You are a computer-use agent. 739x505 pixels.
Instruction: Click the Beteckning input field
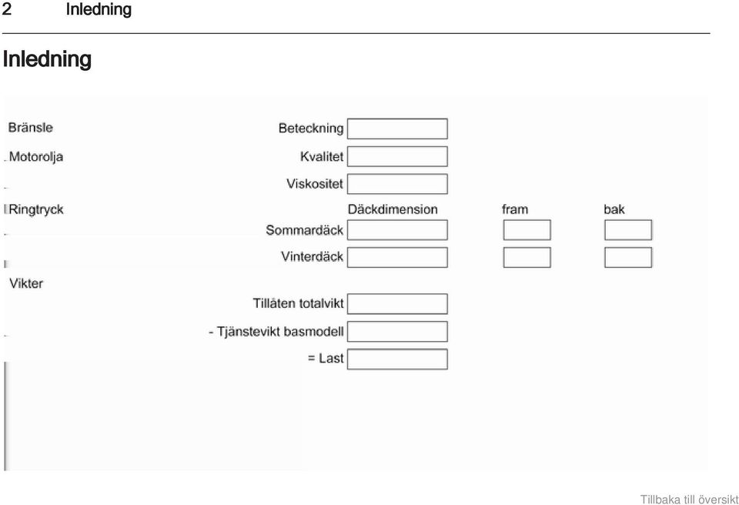[397, 129]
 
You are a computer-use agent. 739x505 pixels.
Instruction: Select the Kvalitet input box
[397, 156]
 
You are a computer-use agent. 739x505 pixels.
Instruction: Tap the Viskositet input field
[397, 184]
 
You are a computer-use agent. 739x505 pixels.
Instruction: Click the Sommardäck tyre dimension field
[397, 230]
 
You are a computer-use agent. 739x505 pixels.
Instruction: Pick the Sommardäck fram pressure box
[527, 230]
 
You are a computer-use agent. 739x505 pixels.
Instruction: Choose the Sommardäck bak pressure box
[628, 230]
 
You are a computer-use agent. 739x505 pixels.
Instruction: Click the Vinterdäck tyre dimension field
[397, 257]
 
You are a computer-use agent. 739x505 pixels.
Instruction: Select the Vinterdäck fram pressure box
[527, 257]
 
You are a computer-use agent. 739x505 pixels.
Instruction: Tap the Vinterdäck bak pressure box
[628, 257]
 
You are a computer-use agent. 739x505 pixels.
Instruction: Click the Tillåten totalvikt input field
[397, 303]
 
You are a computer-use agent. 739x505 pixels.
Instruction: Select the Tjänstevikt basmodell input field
[397, 332]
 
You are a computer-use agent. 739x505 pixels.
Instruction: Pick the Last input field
[397, 360]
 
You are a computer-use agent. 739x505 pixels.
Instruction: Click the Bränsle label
[31, 128]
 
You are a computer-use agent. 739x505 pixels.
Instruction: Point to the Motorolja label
[36, 157]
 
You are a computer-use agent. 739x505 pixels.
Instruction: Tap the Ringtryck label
[36, 210]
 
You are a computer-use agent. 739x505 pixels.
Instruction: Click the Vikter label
[26, 283]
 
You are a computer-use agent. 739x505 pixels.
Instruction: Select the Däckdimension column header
[393, 209]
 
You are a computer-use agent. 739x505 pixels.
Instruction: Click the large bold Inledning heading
[47, 59]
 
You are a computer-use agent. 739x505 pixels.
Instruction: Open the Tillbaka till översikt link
[689, 500]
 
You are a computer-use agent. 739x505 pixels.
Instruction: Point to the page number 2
[7, 9]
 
